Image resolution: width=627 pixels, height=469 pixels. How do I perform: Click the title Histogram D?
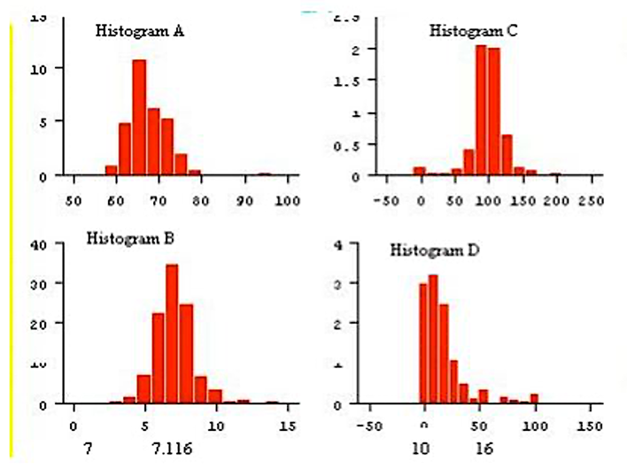(x=435, y=250)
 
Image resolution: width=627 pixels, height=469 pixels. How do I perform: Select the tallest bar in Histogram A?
(x=139, y=117)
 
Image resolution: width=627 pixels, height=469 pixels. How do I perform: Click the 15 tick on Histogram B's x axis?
(x=286, y=423)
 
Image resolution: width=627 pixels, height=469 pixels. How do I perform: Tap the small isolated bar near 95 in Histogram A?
(x=264, y=173)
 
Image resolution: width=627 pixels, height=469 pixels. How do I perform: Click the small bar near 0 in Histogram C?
(x=420, y=171)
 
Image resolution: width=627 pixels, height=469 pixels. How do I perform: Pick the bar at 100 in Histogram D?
(x=534, y=398)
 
